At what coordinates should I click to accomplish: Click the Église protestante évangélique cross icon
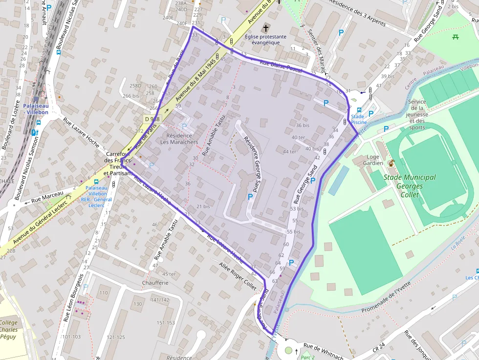[266, 27]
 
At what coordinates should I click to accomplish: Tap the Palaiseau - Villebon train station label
[36, 108]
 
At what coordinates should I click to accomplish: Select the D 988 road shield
[152, 119]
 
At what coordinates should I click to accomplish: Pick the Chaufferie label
[155, 282]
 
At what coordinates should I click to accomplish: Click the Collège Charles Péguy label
[8, 330]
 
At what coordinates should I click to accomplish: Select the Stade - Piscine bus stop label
[359, 119]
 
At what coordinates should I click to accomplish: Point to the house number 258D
[135, 86]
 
